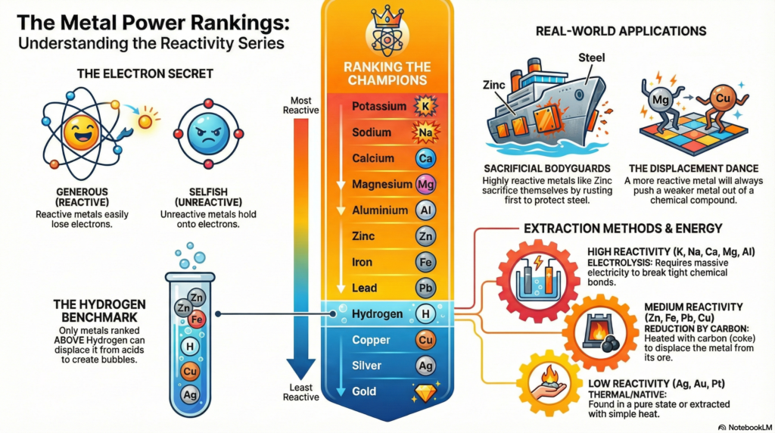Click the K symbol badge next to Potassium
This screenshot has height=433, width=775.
point(424,107)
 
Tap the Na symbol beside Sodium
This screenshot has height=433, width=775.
point(424,133)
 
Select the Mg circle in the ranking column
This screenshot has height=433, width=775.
point(425,184)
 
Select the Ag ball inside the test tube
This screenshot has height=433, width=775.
point(191,394)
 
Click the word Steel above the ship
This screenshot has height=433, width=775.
point(593,58)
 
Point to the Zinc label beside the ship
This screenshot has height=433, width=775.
point(493,86)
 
